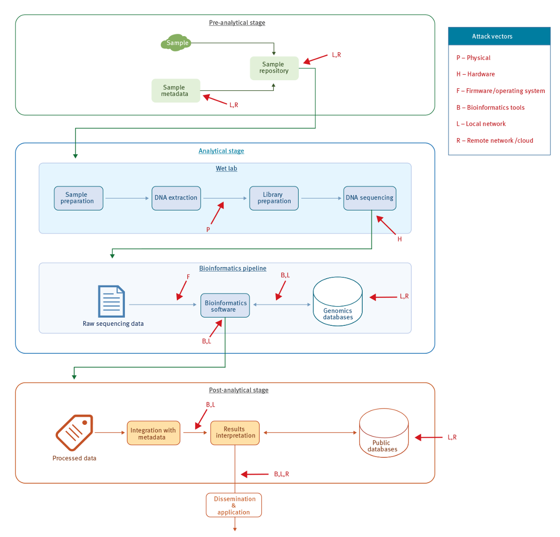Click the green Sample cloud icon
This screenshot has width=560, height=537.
click(x=176, y=43)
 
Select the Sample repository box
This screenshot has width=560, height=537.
click(x=274, y=68)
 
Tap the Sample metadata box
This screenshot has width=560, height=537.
click(x=175, y=90)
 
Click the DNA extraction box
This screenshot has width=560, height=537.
click(x=176, y=197)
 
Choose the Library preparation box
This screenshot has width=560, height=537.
click(x=274, y=197)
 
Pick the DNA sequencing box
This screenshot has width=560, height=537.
click(x=369, y=197)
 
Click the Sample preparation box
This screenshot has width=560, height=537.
click(x=78, y=197)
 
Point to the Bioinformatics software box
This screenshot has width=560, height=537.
click(x=225, y=306)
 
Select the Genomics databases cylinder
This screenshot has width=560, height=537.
click(x=338, y=302)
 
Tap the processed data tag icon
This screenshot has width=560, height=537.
click(x=74, y=432)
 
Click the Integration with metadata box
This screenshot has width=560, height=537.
click(x=153, y=433)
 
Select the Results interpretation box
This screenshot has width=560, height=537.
click(x=235, y=432)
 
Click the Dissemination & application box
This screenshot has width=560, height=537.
click(x=234, y=505)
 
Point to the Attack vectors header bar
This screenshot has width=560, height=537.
click(x=499, y=37)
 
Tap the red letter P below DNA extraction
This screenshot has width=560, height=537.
click(x=208, y=229)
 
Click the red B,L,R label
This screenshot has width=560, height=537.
click(x=282, y=474)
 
